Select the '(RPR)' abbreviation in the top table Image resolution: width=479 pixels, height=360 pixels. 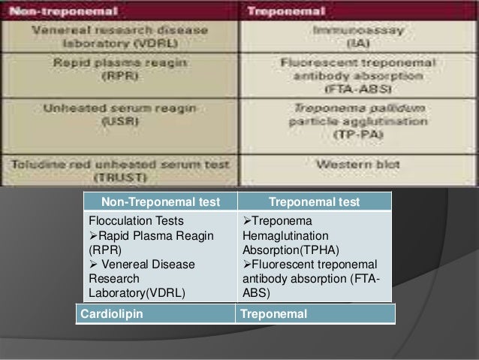(121, 75)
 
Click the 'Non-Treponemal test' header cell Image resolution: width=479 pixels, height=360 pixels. (158, 201)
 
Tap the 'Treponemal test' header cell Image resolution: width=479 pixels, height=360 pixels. (314, 201)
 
